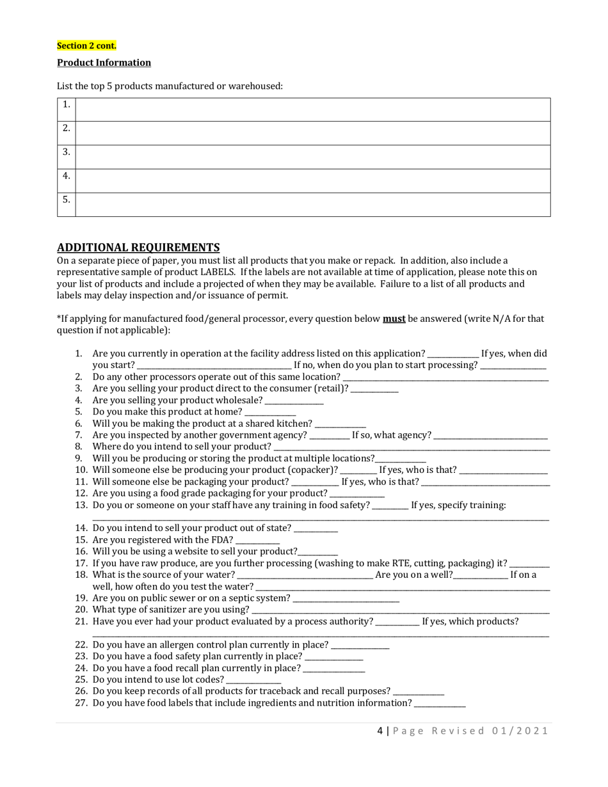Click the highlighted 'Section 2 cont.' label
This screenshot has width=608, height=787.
pos(86,45)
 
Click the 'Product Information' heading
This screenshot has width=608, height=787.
pos(104,63)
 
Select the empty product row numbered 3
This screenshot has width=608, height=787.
pos(312,157)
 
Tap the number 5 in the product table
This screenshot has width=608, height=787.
pos(66,200)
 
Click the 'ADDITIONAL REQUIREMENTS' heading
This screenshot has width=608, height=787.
pos(138,248)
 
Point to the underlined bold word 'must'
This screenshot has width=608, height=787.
pos(394,319)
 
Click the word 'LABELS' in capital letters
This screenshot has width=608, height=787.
pos(218,272)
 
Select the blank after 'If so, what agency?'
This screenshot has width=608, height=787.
pos(490,436)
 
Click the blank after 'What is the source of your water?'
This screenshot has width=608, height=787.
pos(305,576)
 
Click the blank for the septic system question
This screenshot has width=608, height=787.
pos(346,599)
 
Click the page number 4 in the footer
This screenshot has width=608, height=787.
pos(380,731)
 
